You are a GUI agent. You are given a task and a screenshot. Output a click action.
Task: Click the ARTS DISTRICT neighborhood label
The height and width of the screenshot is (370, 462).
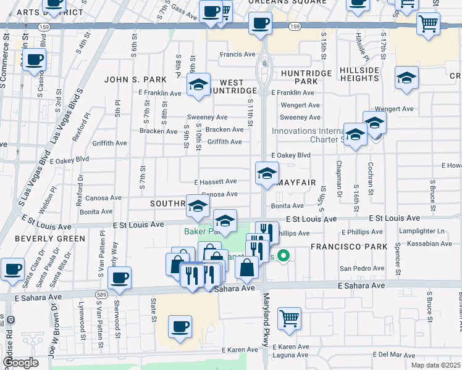(49, 12)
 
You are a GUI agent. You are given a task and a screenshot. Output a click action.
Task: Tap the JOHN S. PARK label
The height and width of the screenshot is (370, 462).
(136, 80)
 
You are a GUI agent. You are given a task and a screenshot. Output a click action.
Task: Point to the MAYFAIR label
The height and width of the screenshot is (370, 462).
(296, 183)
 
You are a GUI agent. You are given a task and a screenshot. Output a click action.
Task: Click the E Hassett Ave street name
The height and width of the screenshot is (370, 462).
(216, 182)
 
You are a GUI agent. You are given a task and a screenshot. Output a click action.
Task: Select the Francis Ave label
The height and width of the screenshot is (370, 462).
(238, 54)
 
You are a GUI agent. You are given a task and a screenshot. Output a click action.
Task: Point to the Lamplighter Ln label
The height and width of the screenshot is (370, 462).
(424, 231)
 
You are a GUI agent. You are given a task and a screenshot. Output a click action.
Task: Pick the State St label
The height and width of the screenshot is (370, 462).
(154, 309)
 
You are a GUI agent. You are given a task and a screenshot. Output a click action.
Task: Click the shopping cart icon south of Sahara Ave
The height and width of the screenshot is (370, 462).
(289, 319)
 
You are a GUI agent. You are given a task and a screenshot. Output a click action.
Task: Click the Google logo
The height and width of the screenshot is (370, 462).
(20, 363)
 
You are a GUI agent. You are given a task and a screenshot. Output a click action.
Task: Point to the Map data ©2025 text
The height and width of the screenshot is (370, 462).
(435, 365)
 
